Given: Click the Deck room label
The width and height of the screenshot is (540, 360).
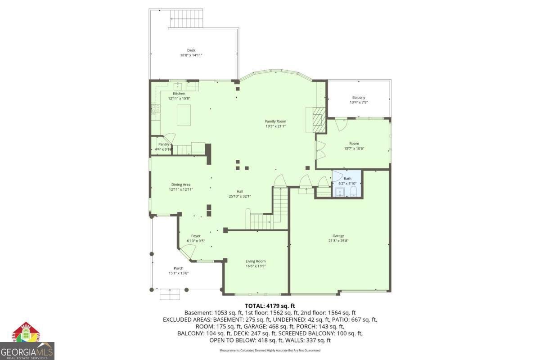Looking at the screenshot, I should coord(191,50).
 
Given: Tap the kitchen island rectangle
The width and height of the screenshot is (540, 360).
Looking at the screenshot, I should coord(184,115).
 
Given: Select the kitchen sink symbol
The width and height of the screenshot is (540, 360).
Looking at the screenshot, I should coord(179,85).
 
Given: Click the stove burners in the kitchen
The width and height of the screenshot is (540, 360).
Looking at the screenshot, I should coord(155,108).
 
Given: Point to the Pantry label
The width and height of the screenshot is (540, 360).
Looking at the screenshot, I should coord(163,144).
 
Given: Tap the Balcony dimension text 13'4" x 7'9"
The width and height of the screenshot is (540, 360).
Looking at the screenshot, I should coord(359,102).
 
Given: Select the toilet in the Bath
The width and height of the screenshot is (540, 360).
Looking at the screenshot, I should coord(353,193).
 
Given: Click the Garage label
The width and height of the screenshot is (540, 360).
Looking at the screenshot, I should coord(338,236).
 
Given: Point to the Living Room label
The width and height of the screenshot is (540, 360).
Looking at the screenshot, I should coord(255,261).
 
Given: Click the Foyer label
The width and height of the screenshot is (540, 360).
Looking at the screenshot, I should coord(196,236).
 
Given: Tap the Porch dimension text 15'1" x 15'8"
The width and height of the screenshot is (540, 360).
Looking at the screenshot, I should coord(179,273).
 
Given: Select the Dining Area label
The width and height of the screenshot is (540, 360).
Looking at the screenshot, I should coord(181,184).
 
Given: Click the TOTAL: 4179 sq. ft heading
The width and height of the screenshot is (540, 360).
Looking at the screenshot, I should coord(270,306).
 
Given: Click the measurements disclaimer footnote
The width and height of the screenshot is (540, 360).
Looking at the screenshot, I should coord(270,350).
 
